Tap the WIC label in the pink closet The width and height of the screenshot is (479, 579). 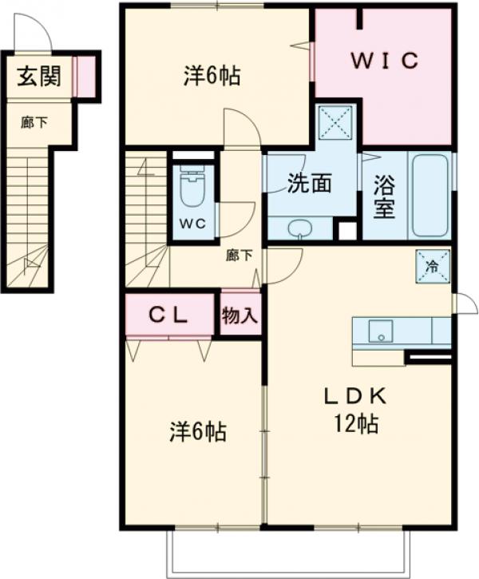point(386,61)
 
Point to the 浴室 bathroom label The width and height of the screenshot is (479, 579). point(384,196)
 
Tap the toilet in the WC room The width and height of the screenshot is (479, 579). point(192,189)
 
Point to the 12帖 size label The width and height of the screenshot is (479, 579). point(356,424)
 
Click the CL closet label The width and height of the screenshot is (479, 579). point(169,315)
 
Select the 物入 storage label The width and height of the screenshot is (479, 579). point(239,315)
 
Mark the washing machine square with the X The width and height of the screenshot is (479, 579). point(335,122)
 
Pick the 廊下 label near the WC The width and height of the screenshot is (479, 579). point(239,256)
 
